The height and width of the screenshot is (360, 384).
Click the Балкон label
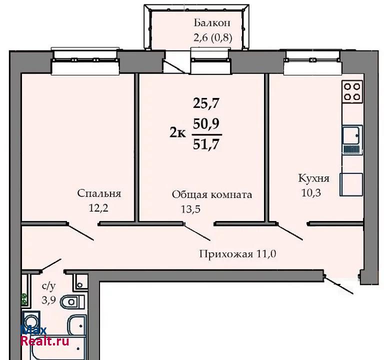tap(212, 23)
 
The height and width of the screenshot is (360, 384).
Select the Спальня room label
tap(99, 193)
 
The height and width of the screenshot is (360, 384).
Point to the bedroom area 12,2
tap(98, 208)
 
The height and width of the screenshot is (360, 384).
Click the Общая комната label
tap(212, 194)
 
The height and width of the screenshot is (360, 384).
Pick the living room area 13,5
tap(190, 209)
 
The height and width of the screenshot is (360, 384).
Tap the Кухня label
tap(313, 178)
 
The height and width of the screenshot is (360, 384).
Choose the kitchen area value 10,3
tap(311, 193)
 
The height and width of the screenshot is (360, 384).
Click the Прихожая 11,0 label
tap(238, 254)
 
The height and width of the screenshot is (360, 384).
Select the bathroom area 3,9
tap(48, 300)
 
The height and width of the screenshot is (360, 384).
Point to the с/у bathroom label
tap(49, 285)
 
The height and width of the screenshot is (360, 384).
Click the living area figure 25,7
tap(206, 103)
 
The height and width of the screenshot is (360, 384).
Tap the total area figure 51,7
tap(206, 144)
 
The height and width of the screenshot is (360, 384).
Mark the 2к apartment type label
tap(178, 133)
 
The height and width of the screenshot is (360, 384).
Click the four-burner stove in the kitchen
tap(352, 92)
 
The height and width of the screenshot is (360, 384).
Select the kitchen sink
tap(352, 140)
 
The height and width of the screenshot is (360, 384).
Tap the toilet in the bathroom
tap(72, 302)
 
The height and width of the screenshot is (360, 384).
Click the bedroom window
tap(85, 61)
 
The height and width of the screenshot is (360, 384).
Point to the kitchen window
tap(312, 62)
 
